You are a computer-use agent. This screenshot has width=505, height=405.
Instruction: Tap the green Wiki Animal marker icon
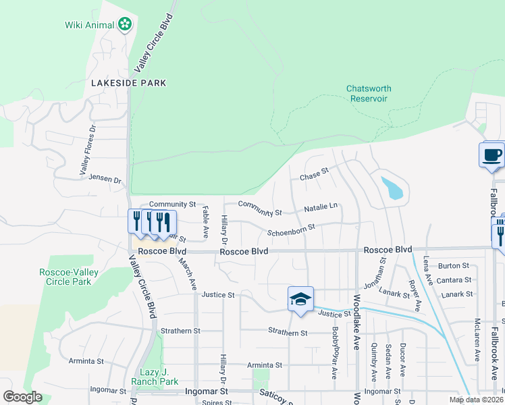pyautogui.click(x=125, y=26)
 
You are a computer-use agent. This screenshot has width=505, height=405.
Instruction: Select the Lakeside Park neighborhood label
pyautogui.click(x=128, y=83)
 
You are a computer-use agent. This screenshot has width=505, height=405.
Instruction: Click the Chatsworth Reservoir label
pyautogui.click(x=369, y=93)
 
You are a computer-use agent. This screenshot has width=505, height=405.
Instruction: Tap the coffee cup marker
pyautogui.click(x=492, y=155)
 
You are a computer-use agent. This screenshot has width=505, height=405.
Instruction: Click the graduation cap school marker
pyautogui.click(x=300, y=298)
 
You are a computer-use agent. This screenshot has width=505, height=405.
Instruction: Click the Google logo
pyautogui.click(x=22, y=397)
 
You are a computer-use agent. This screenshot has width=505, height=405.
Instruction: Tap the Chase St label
pyautogui.click(x=313, y=175)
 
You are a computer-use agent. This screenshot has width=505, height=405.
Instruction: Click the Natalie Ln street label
pyautogui.click(x=320, y=207)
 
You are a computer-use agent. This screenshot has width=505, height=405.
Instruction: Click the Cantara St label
pyautogui.click(x=454, y=280)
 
